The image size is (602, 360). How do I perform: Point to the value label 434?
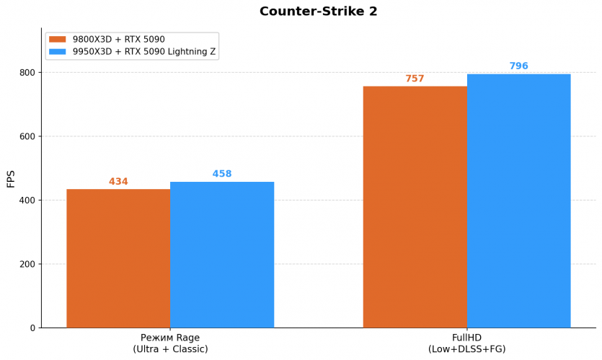click(x=118, y=182)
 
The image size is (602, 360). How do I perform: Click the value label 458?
click(x=222, y=174)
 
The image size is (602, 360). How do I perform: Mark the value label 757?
click(x=415, y=79)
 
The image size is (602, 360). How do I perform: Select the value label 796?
click(x=518, y=66)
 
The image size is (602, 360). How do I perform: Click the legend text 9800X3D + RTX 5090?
click(x=119, y=40)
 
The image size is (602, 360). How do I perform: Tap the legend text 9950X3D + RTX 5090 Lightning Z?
click(x=144, y=52)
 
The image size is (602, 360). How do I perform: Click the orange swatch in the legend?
click(x=58, y=40)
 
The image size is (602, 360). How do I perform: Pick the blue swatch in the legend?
click(x=58, y=52)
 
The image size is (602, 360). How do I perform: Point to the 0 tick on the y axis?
click(x=32, y=328)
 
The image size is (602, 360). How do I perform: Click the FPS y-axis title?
click(x=11, y=178)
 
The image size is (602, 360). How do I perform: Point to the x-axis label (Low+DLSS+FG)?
click(x=466, y=349)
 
